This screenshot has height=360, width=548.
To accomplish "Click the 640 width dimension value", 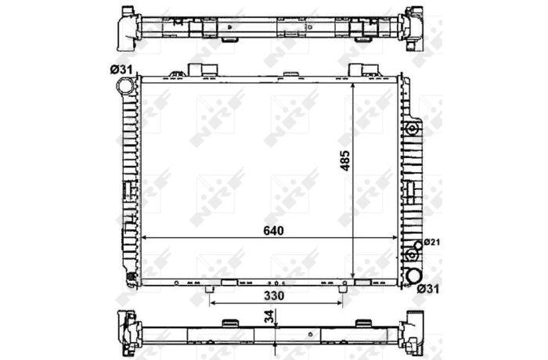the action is pyautogui.click(x=274, y=231).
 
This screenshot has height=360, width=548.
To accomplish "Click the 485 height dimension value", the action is pyautogui.click(x=345, y=160).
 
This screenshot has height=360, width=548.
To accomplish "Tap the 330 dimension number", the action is pyautogui.click(x=274, y=296).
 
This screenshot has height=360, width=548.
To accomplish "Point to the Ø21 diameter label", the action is pyautogui.click(x=431, y=242).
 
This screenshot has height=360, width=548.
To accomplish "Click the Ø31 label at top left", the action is pyautogui.click(x=121, y=70).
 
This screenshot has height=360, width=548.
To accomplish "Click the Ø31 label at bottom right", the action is pyautogui.click(x=428, y=289).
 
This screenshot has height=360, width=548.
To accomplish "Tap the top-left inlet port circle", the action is pyautogui.click(x=124, y=85).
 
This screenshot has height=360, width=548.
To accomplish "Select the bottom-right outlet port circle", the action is pyautogui.click(x=414, y=275).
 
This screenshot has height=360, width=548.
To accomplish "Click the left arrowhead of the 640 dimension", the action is pyautogui.click(x=143, y=238).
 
